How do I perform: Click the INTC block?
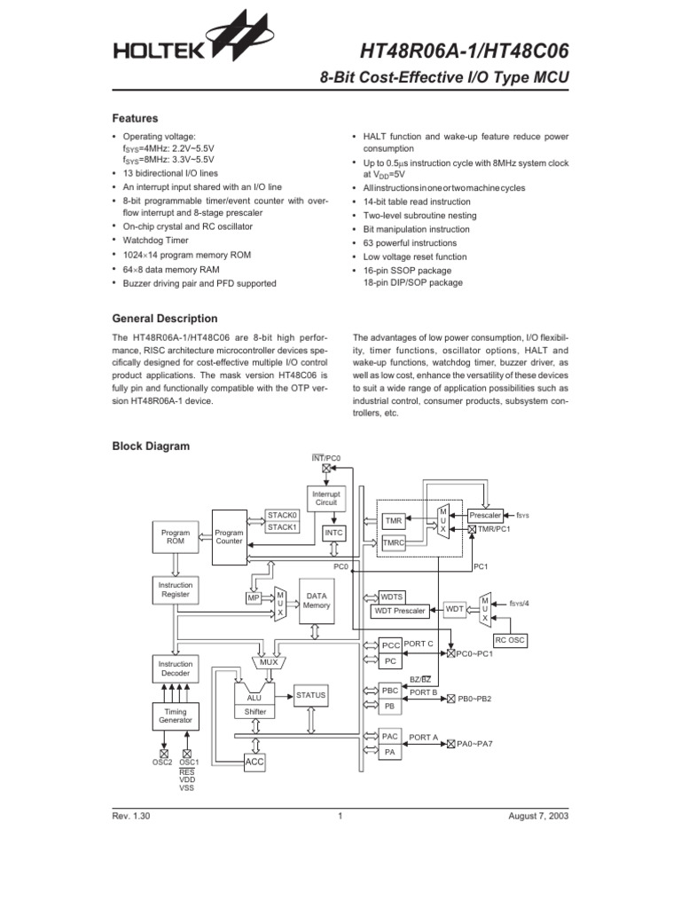tap(333, 534)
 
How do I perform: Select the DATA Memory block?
tap(317, 600)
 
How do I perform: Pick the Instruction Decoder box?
tap(176, 668)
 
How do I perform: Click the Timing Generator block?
tap(176, 716)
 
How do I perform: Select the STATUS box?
tap(311, 694)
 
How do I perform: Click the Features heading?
tap(135, 118)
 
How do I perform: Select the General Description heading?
tap(164, 319)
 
